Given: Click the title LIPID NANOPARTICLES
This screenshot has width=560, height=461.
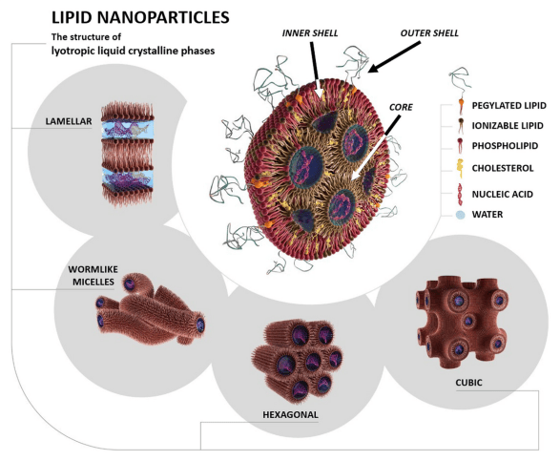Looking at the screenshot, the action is (x=140, y=17).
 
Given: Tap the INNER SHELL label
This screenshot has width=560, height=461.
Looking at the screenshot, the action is (x=310, y=33).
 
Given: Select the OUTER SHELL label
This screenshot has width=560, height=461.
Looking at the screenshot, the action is (x=429, y=33).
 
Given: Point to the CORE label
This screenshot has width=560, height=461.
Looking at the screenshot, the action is (x=401, y=107).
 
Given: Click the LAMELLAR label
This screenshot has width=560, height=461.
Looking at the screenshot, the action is (x=69, y=121).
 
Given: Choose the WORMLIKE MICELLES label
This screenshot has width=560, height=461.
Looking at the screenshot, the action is (x=93, y=276).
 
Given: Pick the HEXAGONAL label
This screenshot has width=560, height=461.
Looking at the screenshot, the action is (x=290, y=414).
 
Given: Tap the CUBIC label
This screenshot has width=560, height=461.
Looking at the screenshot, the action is (x=468, y=383).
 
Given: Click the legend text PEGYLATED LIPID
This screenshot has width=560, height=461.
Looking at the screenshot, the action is (x=509, y=106).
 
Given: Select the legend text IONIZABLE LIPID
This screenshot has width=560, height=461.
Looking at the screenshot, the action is (x=508, y=126).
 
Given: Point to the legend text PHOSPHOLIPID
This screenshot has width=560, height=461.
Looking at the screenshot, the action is (x=505, y=146).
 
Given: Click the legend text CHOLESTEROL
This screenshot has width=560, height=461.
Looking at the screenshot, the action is (x=503, y=168).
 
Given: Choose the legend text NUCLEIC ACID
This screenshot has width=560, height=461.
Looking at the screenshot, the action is (x=503, y=194).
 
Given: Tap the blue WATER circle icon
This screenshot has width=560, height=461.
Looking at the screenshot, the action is (x=461, y=215).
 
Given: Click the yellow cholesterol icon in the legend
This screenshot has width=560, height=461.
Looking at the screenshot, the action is (x=461, y=168).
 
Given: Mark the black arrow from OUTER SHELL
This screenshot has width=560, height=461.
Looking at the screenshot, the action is (x=394, y=57).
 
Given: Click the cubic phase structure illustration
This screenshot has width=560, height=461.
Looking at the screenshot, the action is (x=463, y=323).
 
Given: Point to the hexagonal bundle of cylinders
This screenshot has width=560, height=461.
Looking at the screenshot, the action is (x=297, y=362).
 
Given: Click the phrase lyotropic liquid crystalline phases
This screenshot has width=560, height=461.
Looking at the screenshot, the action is (x=133, y=51).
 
